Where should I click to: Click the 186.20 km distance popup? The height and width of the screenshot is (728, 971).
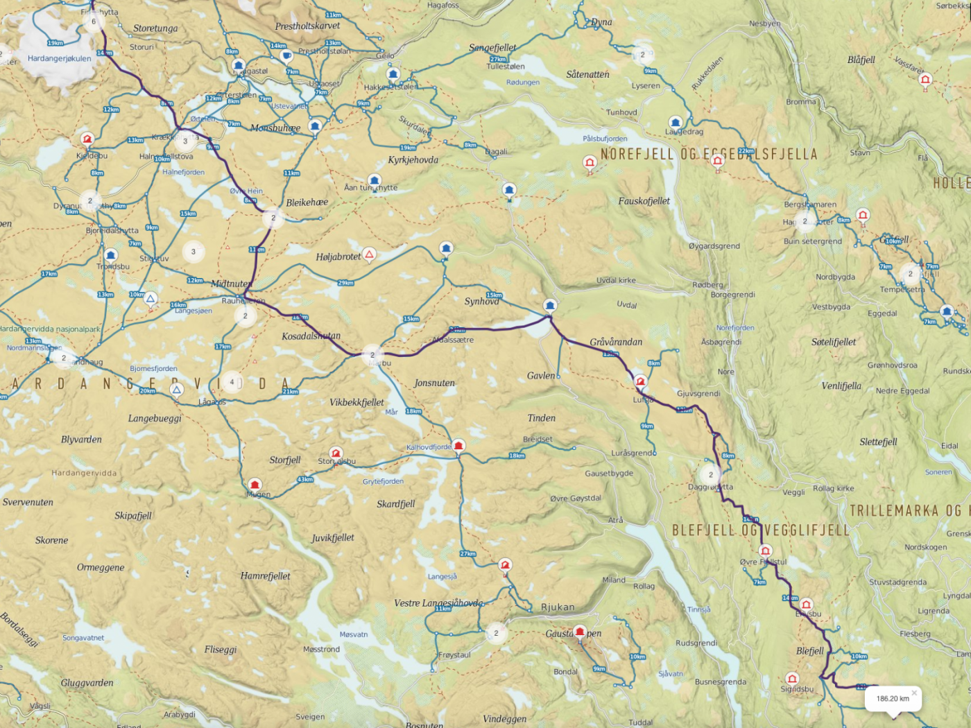[892, 698]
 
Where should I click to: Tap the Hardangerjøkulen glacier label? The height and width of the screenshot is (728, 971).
[59, 58]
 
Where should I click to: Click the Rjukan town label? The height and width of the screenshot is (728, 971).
[558, 607]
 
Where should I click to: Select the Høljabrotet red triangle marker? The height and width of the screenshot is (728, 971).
[370, 254]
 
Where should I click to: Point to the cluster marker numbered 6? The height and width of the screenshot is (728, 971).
[94, 21]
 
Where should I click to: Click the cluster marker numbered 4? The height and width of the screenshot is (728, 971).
[232, 382]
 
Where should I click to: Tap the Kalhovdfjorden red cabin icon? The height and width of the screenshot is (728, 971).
[458, 445]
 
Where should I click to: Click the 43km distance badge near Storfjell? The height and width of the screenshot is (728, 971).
[305, 479]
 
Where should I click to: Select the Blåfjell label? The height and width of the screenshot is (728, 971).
[861, 60]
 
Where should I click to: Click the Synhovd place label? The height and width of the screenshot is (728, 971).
[481, 301]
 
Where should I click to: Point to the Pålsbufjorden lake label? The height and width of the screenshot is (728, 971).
[605, 139]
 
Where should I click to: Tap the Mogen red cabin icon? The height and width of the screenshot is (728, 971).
[255, 484]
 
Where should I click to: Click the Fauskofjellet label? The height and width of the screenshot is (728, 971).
[644, 201]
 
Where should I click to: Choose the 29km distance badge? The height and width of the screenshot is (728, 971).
[345, 283]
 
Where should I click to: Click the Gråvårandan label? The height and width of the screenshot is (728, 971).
[616, 342]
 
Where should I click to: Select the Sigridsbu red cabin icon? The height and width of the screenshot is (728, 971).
[792, 678]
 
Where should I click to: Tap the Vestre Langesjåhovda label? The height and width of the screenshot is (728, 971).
[438, 603]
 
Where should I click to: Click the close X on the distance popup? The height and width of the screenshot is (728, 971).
[914, 693]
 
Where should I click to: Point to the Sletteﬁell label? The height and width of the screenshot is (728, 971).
[878, 442]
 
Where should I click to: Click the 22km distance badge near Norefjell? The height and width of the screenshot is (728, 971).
[746, 150]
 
